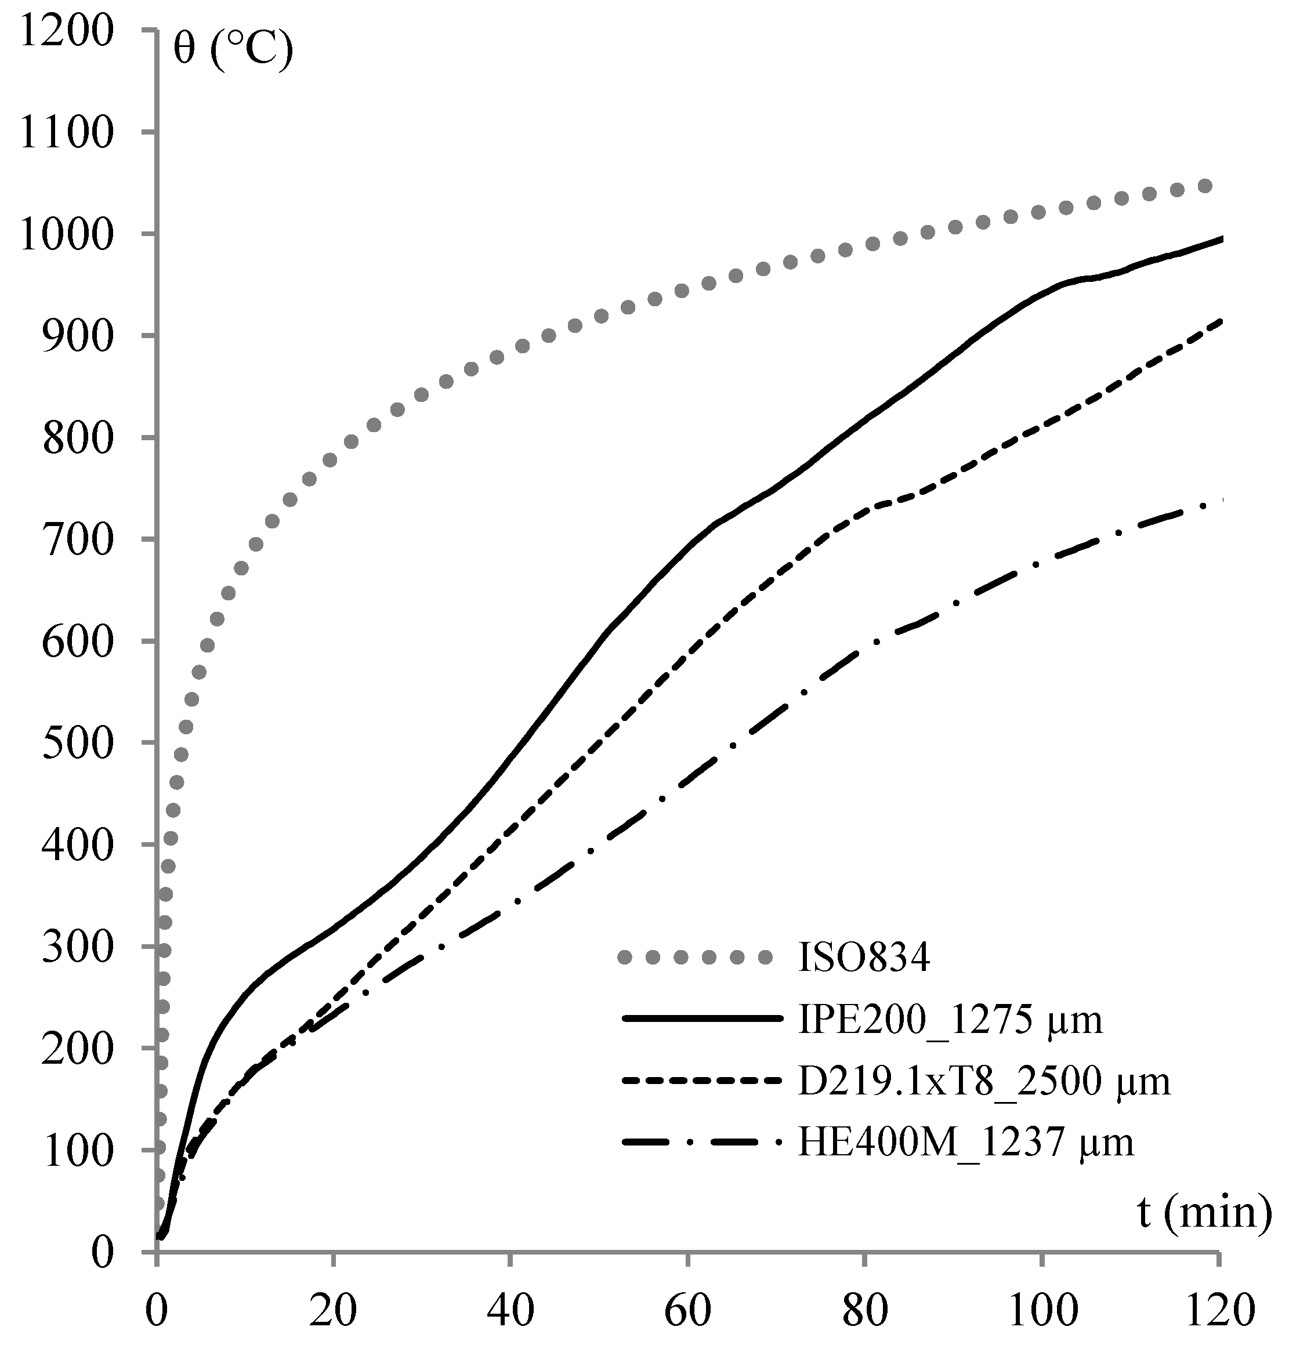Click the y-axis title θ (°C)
click(233, 52)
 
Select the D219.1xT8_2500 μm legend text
click(984, 1081)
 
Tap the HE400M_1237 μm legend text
click(965, 1143)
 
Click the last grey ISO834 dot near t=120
click(1204, 186)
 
